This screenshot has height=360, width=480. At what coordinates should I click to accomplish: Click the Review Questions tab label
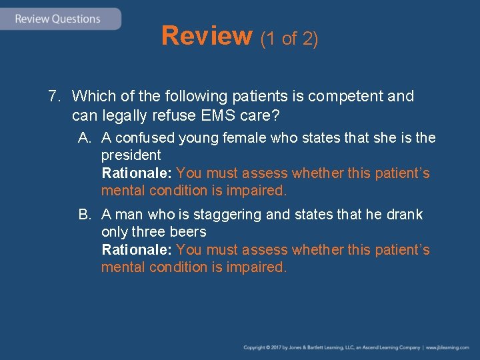coord(57,19)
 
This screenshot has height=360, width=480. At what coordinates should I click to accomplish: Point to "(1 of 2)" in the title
coord(289,39)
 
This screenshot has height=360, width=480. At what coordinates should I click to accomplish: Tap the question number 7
coord(54,97)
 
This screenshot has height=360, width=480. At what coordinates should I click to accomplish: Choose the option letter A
coord(84,138)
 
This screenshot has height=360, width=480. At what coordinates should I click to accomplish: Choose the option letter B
coord(84,215)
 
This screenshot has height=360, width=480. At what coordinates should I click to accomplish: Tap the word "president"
coord(131,155)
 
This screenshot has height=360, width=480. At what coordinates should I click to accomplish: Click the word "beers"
coord(189,232)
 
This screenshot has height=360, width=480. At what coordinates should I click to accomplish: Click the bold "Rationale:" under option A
coord(137,173)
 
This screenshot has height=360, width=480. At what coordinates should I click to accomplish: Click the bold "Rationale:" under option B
coord(137,250)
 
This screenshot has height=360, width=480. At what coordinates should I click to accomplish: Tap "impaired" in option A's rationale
coord(261,191)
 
